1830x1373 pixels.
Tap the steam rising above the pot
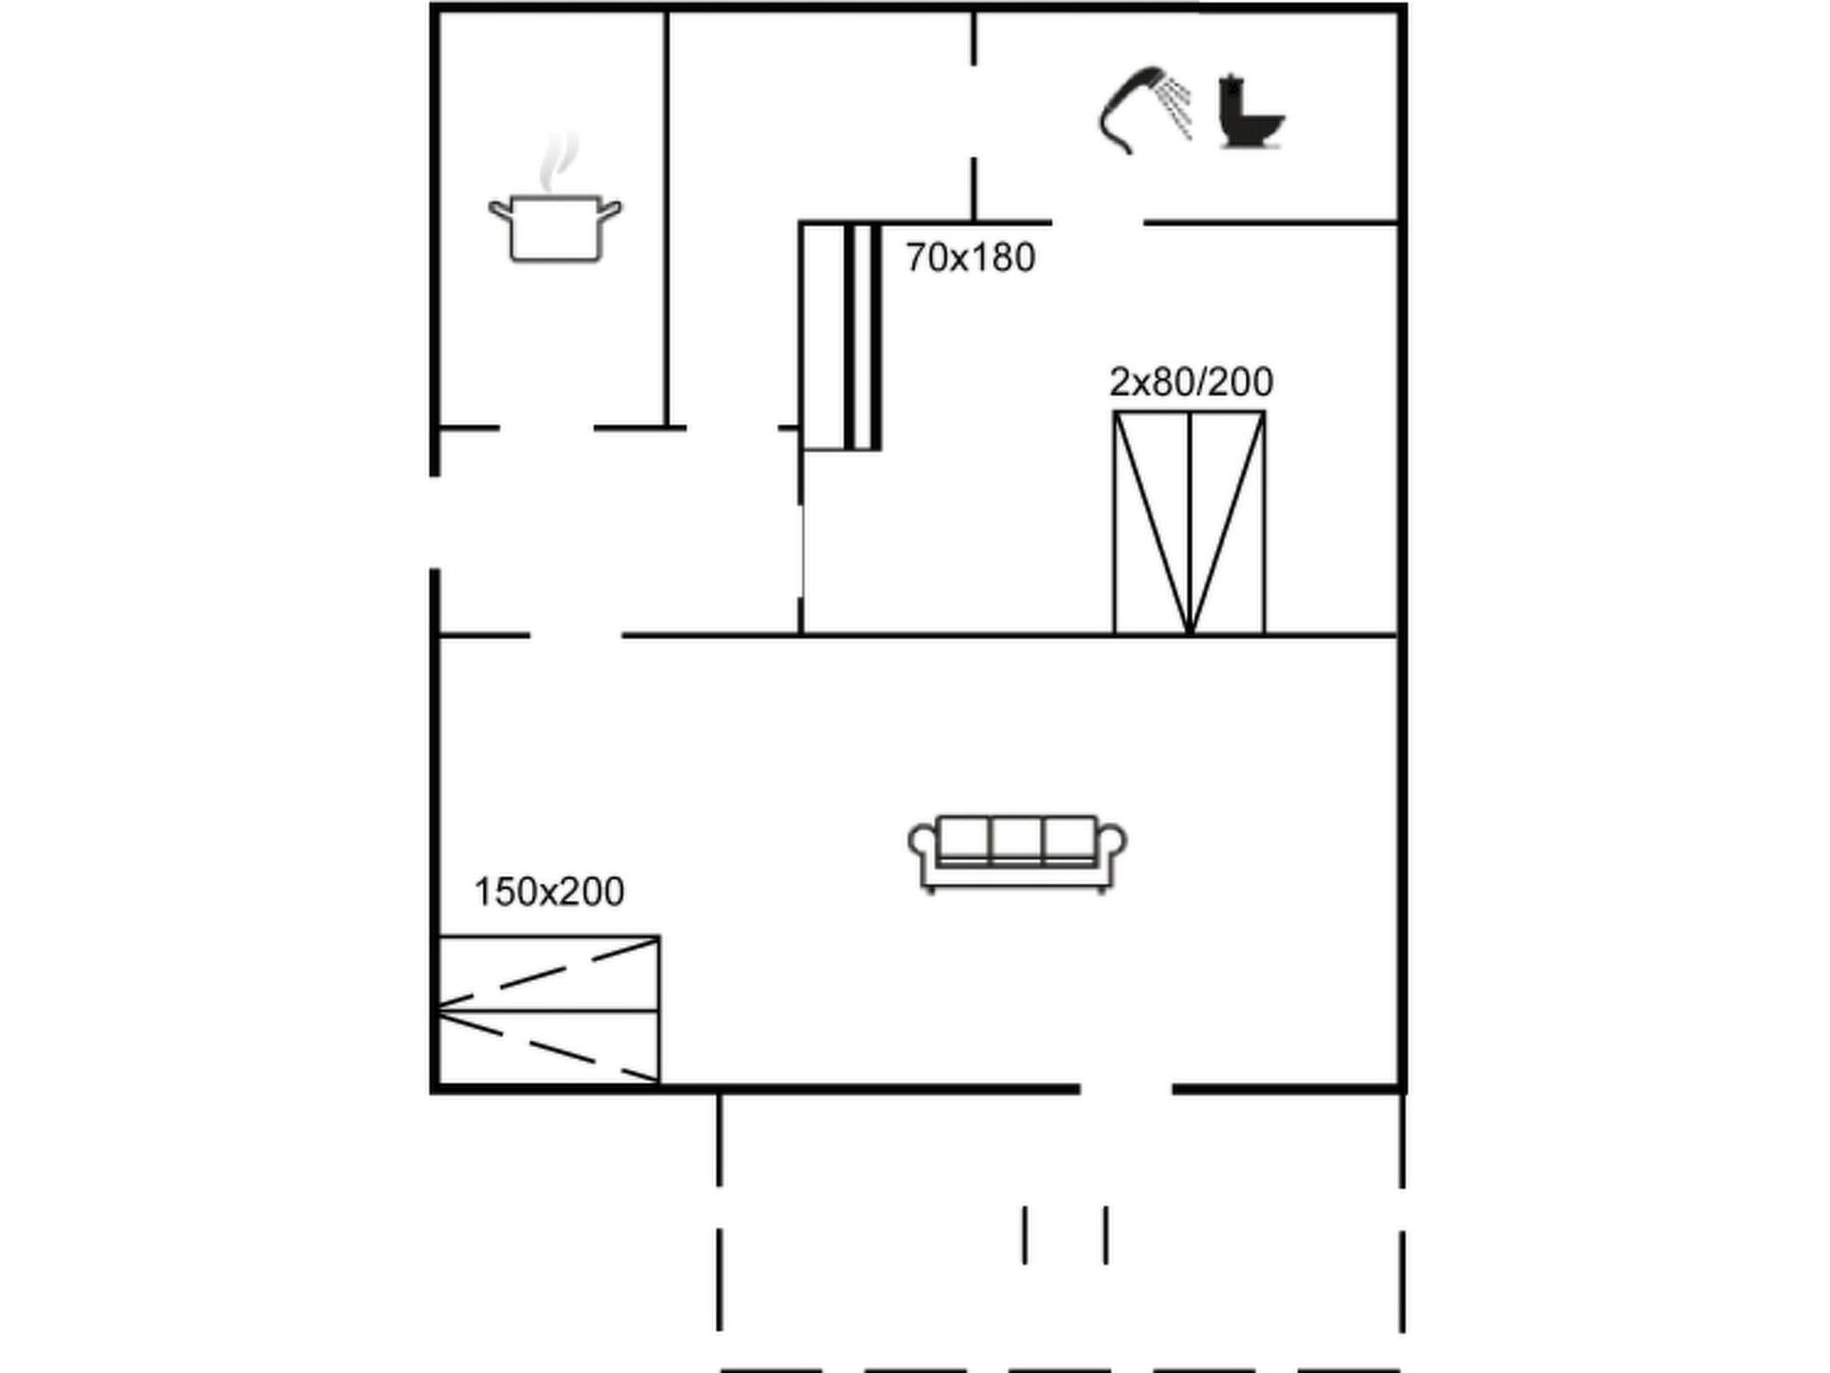coord(559,162)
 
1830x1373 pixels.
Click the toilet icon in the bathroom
coord(1250,112)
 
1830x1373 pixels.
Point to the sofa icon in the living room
coord(1017,853)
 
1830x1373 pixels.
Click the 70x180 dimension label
coord(970,257)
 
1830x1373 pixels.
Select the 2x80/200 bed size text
coord(1190,381)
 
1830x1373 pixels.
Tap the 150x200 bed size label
coord(549,891)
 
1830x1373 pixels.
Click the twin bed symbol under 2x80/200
coord(1189,523)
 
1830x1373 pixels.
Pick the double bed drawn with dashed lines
coord(548,1010)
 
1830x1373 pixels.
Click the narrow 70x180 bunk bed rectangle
coord(840,336)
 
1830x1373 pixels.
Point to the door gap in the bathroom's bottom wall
coord(1098,223)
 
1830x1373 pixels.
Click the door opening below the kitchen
coord(546,428)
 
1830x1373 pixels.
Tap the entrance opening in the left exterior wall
coord(435,523)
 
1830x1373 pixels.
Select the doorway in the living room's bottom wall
coord(1126,1088)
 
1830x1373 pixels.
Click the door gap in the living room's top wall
coord(576,634)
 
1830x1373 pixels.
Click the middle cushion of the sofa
coord(1017,839)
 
